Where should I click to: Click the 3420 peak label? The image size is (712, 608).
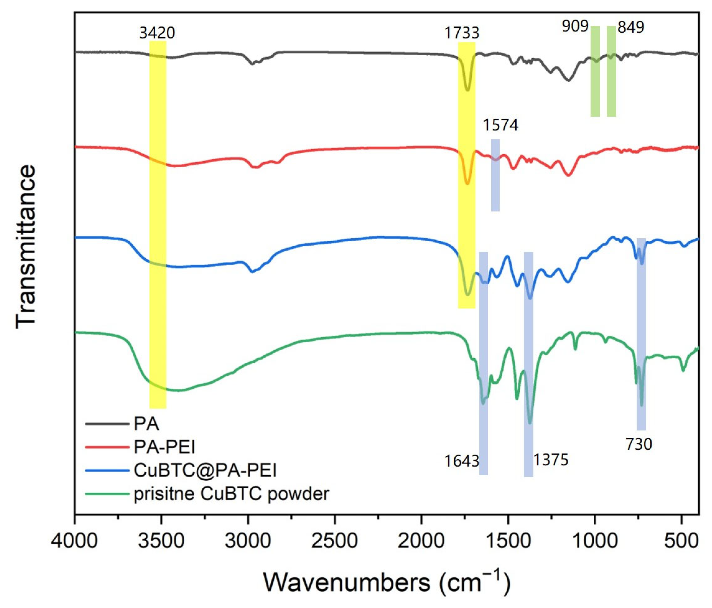[157, 33]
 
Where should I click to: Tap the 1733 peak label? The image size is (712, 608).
[461, 33]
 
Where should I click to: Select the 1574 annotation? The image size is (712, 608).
[501, 125]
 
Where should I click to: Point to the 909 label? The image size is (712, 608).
[575, 26]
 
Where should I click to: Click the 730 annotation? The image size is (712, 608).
[639, 444]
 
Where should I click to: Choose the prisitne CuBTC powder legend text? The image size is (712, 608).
[231, 494]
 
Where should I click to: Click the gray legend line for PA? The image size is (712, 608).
[107, 424]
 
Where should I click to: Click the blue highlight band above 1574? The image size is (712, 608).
[495, 175]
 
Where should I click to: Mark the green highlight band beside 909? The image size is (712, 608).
[595, 71]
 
